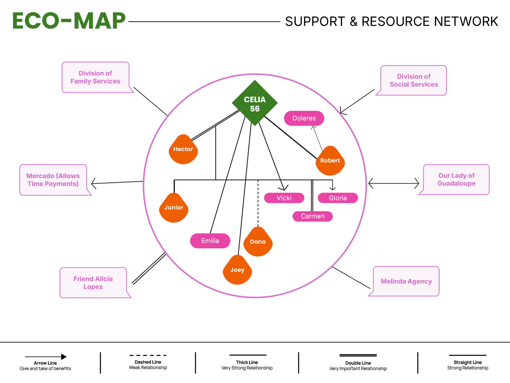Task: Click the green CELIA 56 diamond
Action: click(x=255, y=103)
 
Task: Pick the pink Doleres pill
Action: click(x=304, y=118)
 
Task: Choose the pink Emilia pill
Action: click(x=210, y=241)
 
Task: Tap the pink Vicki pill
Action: click(x=284, y=198)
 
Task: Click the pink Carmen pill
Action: click(x=312, y=216)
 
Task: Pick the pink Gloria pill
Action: click(x=338, y=198)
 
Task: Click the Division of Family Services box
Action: click(x=96, y=77)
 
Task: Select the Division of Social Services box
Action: click(x=414, y=80)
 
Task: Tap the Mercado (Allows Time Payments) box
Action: click(x=53, y=180)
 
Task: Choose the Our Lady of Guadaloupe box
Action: click(x=456, y=179)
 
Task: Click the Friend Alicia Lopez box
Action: click(x=93, y=283)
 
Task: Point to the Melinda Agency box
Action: click(x=406, y=281)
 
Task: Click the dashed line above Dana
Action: click(x=258, y=204)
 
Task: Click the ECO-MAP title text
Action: click(x=69, y=21)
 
